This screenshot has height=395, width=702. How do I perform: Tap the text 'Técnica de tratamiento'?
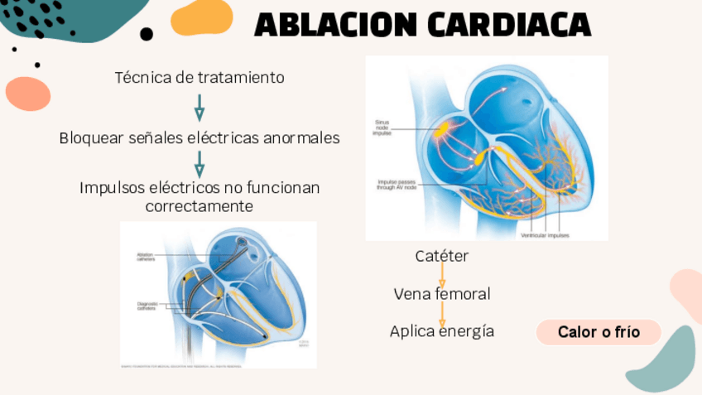[200, 78]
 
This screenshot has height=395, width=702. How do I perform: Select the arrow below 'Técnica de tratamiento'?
[200, 108]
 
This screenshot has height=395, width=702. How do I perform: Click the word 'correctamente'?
[200, 206]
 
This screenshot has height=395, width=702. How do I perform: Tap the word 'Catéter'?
[441, 257]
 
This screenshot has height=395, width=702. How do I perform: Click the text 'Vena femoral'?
[441, 294]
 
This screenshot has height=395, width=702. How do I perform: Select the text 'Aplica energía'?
[441, 331]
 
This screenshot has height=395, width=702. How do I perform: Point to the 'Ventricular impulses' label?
[545, 234]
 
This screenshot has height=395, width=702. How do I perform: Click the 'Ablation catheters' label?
[146, 257]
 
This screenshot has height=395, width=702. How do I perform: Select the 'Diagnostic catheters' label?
[147, 306]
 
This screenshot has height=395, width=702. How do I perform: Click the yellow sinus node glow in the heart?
[440, 128]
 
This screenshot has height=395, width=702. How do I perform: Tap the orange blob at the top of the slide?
[201, 17]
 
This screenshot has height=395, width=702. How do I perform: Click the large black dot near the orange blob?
[147, 34]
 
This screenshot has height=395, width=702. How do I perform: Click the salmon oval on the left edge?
[28, 94]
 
